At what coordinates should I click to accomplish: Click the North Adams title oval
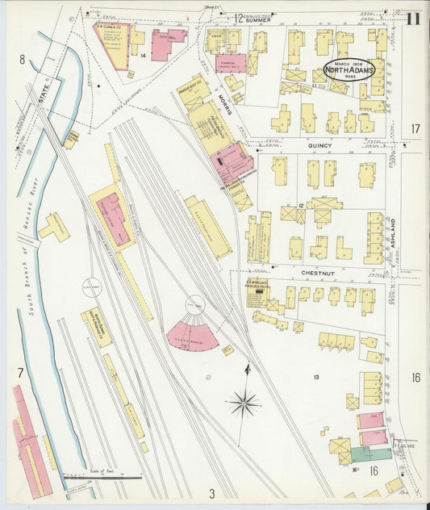[349, 69]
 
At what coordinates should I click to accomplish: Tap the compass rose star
[243, 401]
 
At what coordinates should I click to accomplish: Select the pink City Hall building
[168, 44]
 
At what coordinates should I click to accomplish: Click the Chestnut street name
[318, 274]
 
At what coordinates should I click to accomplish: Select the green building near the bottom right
[371, 454]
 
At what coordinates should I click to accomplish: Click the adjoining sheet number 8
[23, 59]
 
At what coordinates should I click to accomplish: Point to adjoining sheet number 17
[415, 128]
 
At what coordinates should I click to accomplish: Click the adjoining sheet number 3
[211, 493]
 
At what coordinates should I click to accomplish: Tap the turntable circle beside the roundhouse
[196, 304]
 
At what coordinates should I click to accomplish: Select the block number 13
[316, 377]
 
